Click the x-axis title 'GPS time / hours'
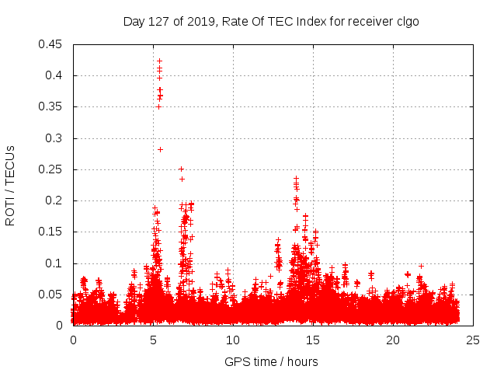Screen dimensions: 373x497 click(x=271, y=361)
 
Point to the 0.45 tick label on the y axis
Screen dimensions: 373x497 click(x=52, y=44)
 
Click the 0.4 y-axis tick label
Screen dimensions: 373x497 click(x=55, y=75)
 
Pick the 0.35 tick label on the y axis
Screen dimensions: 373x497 click(x=52, y=106)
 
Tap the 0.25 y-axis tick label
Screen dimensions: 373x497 click(x=52, y=169)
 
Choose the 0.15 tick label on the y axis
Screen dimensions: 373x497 click(x=52, y=232)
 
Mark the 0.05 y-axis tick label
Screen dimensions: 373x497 click(x=52, y=295)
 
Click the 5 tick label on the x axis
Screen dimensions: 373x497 click(x=154, y=340)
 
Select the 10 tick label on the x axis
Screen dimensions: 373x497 click(x=233, y=340)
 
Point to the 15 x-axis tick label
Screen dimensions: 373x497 click(x=313, y=340)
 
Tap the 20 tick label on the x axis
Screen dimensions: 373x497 click(x=393, y=340)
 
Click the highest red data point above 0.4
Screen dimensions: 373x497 click(x=159, y=61)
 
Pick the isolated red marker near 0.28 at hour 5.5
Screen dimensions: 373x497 click(x=161, y=149)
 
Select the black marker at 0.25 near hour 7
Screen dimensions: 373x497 click(x=181, y=169)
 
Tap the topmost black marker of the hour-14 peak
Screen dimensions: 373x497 click(x=296, y=178)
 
